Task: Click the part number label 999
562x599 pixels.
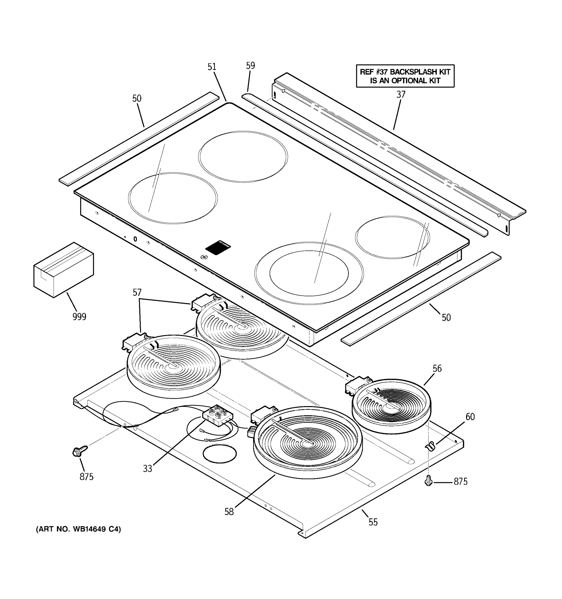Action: [x=79, y=317]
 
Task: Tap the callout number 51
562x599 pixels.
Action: [x=212, y=67]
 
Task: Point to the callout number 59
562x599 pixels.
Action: [x=250, y=66]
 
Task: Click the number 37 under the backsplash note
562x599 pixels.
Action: [x=401, y=95]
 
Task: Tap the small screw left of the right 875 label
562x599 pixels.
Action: [x=428, y=481]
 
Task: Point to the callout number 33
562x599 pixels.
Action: [x=147, y=468]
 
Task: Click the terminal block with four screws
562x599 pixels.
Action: [x=217, y=415]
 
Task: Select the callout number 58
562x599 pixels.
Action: [x=229, y=512]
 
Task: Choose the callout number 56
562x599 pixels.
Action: [x=437, y=368]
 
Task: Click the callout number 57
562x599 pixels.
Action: [x=137, y=292]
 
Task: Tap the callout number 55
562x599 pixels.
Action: [x=373, y=522]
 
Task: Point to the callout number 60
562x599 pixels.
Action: [x=470, y=417]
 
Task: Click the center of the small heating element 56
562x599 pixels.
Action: [x=391, y=407]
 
